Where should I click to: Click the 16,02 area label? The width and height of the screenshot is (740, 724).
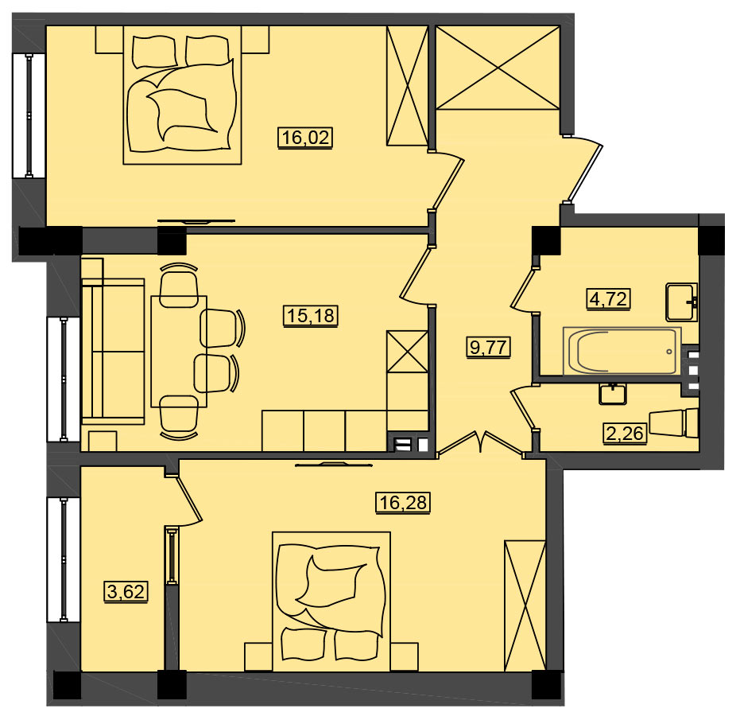coord(306,138)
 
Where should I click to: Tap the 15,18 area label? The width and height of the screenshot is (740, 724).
coord(312,315)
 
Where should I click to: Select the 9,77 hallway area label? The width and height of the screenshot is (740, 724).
coord(489,348)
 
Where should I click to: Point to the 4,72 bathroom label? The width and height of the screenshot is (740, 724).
coord(610,299)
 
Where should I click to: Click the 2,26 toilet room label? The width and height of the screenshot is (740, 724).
coord(625,433)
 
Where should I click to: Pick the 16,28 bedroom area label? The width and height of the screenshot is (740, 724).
coord(403,503)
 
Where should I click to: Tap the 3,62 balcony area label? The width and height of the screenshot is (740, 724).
coord(126,591)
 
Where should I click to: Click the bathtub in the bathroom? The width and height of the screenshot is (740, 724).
coord(622,351)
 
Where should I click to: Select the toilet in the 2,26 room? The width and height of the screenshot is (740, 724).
coord(674,422)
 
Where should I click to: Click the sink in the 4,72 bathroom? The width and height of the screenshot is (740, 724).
coord(681,302)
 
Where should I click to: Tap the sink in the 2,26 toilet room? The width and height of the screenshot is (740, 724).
coord(613,394)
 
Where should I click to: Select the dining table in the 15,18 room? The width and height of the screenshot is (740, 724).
coord(179,352)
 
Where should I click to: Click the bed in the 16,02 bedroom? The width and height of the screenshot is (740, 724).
coord(182,95)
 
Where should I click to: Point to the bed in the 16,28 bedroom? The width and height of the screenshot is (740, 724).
coord(331,601)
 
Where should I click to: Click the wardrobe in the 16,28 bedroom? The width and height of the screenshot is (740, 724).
coord(525,606)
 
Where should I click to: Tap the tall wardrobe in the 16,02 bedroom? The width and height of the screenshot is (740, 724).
coord(407,85)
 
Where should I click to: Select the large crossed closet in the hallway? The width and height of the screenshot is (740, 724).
coord(498,68)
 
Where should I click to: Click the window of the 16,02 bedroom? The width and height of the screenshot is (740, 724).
coord(29,116)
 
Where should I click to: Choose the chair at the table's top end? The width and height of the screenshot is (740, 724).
coord(179,285)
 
